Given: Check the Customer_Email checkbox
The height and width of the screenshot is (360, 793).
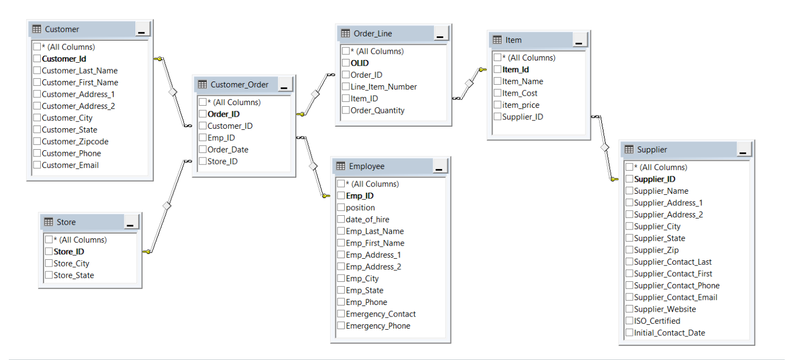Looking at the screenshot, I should [37, 165].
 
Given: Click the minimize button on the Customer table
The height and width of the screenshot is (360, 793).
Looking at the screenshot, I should [142, 30].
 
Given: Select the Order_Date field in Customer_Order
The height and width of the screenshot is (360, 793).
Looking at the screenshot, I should [227, 150].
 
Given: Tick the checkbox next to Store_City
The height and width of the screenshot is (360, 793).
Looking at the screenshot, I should [49, 264].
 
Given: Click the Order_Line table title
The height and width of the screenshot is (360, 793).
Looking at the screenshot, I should [373, 34].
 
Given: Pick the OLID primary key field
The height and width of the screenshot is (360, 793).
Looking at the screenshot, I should [360, 63].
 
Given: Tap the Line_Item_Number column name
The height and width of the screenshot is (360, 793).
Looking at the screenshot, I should [383, 87].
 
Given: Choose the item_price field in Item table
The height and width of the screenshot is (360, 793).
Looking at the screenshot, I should [520, 105].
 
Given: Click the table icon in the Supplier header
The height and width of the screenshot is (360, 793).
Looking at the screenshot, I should [629, 150].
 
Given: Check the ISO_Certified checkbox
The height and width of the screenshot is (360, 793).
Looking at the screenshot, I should [629, 321].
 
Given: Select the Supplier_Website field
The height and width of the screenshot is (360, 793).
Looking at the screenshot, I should [665, 309].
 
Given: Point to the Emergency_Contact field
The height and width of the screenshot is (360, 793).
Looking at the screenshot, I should [381, 314].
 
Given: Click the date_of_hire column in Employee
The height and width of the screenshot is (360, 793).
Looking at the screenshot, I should [367, 220].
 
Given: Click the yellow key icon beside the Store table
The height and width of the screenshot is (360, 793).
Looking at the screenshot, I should [146, 252].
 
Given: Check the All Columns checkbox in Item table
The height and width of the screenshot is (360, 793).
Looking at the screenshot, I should [498, 58].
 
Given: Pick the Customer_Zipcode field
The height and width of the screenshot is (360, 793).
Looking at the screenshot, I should [75, 141].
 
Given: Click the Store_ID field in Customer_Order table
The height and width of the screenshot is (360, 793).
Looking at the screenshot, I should [222, 162].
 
